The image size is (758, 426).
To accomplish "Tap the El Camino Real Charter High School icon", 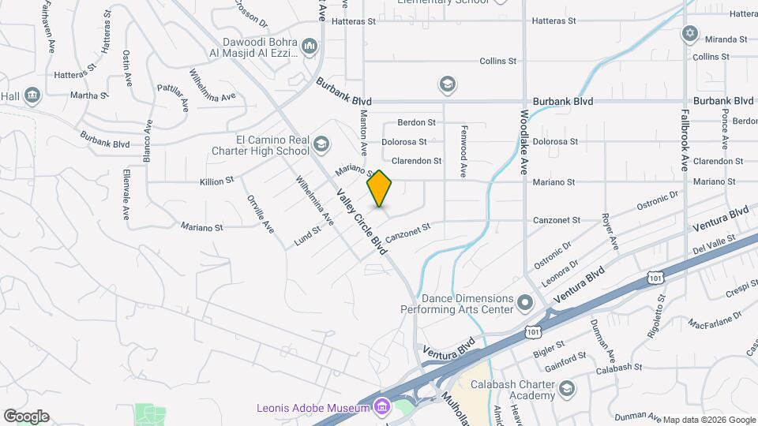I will pos(321,144).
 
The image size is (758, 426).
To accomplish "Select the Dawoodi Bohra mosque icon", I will pos(310,47).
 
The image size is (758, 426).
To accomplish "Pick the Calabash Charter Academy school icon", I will pos(567,388).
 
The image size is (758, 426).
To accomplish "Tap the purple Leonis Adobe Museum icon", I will pos(382,407).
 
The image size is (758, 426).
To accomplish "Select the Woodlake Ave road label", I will pos(523,142).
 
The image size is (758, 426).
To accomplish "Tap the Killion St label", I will pos(216,181).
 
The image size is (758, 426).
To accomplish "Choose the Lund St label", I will pos(307,236).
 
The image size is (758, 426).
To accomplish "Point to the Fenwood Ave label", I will pos(464,150).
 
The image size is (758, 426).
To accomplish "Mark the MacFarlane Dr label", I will pos(715,319).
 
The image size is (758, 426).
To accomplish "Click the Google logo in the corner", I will pos(26,416).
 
